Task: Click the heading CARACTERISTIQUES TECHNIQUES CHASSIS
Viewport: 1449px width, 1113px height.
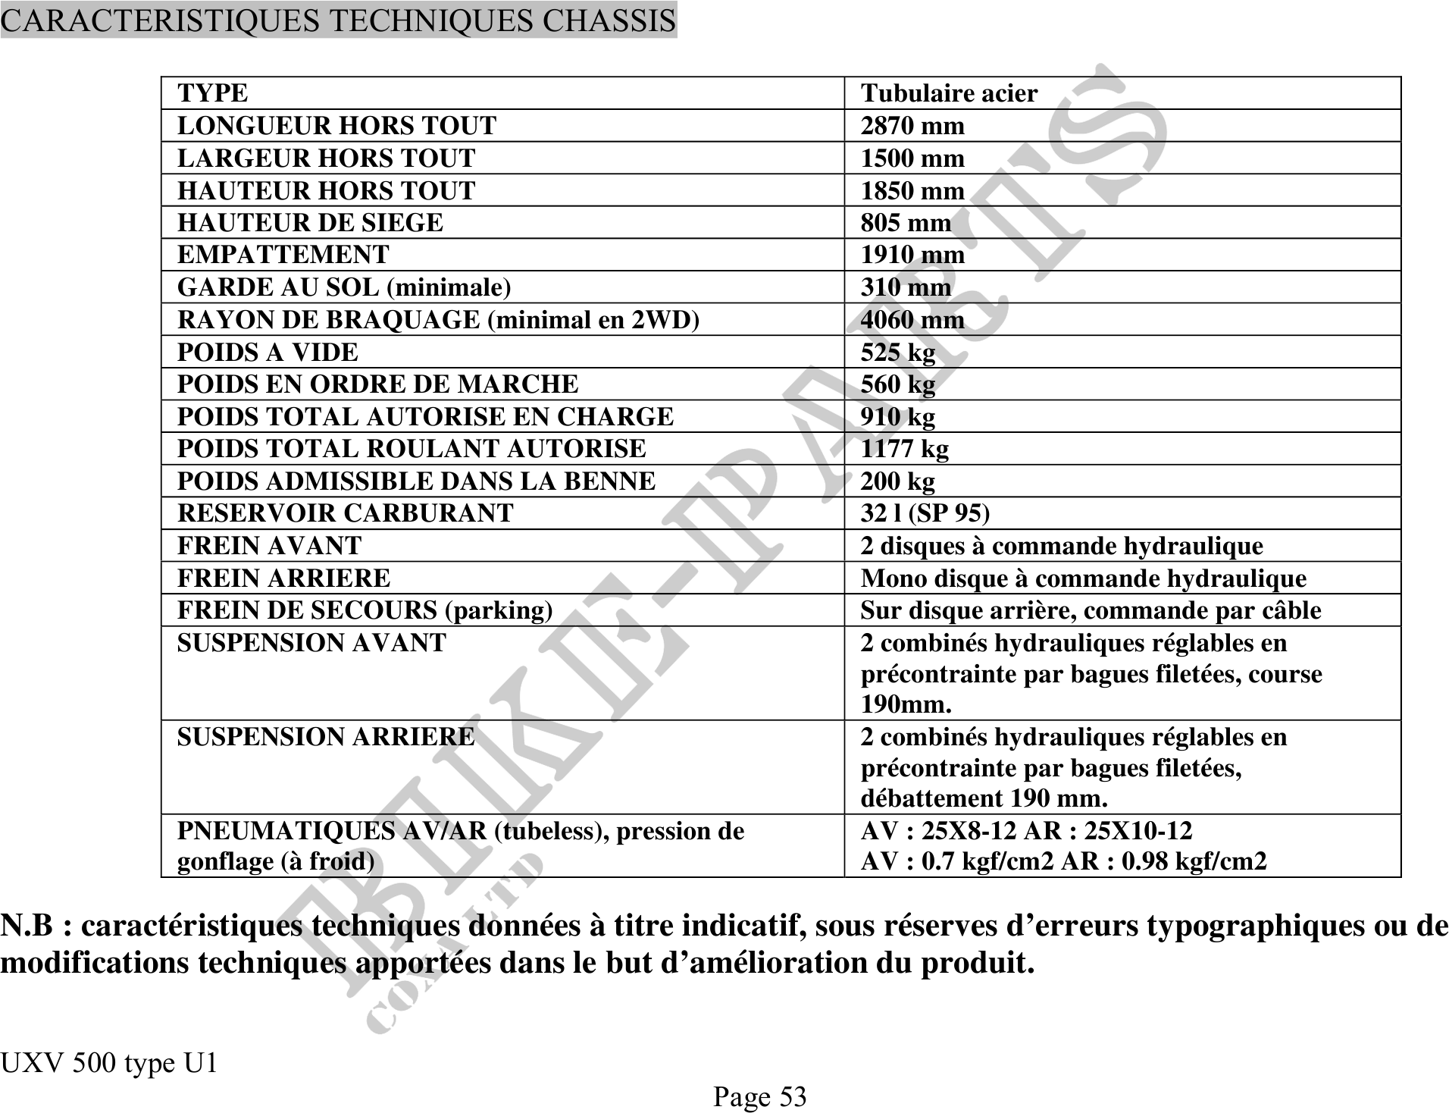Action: coord(338,20)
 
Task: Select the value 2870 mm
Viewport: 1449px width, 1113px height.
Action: coord(912,126)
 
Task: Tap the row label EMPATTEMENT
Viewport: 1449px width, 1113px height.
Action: coord(283,255)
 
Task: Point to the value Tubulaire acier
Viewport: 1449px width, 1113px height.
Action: coord(949,93)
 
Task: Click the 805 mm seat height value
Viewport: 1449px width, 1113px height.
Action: coord(906,223)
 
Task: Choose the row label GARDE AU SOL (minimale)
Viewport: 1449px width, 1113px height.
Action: coord(344,287)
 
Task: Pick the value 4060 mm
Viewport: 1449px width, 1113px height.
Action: coord(912,320)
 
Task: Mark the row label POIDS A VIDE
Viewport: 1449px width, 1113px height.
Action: coord(268,353)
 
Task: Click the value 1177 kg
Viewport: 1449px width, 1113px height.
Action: coord(904,449)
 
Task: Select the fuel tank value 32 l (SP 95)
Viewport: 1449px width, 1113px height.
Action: coord(925,513)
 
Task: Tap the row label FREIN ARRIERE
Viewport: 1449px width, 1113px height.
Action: coord(283,578)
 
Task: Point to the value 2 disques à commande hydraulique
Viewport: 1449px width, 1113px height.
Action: coord(1062,546)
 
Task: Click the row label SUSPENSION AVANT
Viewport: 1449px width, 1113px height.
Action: coord(311,643)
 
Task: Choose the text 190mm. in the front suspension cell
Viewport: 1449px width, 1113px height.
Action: coord(906,704)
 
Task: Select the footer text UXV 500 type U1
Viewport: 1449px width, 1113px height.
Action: coord(108,1064)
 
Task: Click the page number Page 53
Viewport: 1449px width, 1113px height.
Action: coord(759,1096)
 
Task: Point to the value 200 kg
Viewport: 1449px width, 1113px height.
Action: coord(897,481)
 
